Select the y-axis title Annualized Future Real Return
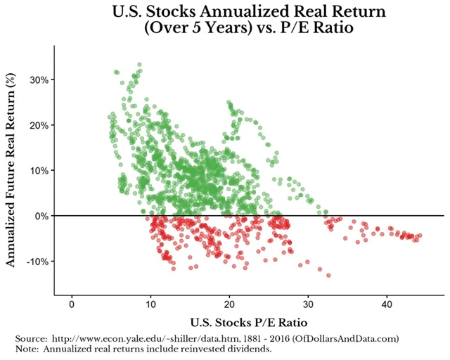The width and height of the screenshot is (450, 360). (11, 170)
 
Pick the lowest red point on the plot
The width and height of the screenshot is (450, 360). (328, 275)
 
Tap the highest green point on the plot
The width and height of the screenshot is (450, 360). (139, 65)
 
